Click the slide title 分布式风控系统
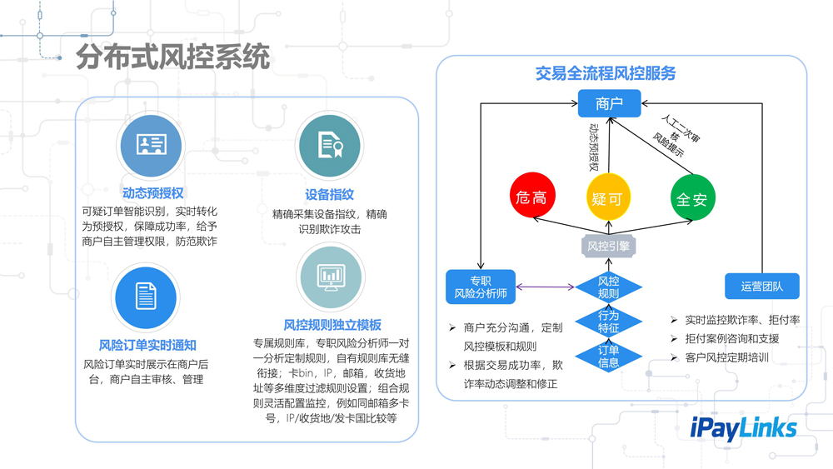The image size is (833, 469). [x=173, y=58]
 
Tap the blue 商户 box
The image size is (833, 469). [x=609, y=104]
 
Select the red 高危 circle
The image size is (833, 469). [x=532, y=198]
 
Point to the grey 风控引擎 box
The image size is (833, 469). [x=608, y=246]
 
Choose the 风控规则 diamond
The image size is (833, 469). [x=609, y=287]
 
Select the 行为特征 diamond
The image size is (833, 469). [x=609, y=322]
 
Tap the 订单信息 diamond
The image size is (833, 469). [x=609, y=356]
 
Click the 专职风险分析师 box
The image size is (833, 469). [x=481, y=287]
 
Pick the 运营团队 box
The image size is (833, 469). [x=761, y=287]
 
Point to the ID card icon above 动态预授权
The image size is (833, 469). [x=151, y=145]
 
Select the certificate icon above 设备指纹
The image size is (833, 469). [x=331, y=147]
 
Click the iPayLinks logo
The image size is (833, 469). [x=744, y=427]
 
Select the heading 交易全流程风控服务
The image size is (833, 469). [x=606, y=74]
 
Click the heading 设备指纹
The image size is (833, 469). [x=330, y=194]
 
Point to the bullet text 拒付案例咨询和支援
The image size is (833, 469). [x=731, y=339]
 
